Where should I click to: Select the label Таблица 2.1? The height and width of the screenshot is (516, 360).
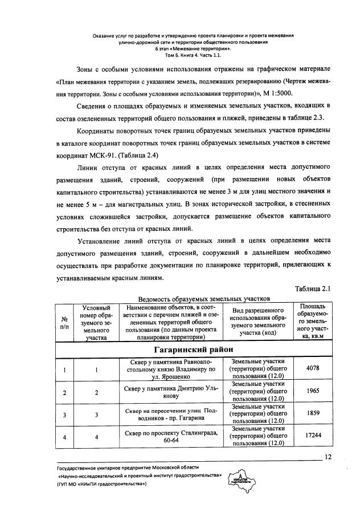pyautogui.click(x=314, y=288)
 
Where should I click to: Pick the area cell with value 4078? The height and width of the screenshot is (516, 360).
pyautogui.click(x=312, y=368)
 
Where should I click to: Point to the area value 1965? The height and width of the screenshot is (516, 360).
pyautogui.click(x=312, y=392)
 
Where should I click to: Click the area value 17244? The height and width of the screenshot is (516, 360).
pyautogui.click(x=312, y=437)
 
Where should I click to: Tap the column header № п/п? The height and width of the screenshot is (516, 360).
pyautogui.click(x=65, y=323)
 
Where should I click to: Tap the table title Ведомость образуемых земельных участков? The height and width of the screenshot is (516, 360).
pyautogui.click(x=197, y=298)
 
